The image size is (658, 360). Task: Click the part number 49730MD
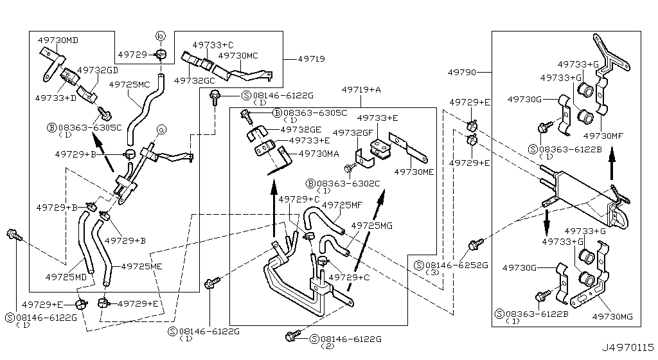tap(58, 40)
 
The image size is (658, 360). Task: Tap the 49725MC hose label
tap(129, 84)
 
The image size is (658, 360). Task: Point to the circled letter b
tap(161, 35)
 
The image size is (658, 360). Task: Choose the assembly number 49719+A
tap(361, 90)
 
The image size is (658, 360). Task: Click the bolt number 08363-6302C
tap(347, 183)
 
